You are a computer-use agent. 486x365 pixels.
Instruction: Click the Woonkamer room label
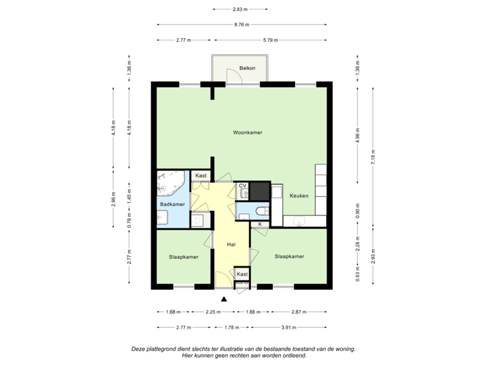246,132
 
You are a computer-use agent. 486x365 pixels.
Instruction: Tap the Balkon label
248,68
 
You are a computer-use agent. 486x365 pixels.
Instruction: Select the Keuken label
299,195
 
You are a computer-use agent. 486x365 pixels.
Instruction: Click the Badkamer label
172,203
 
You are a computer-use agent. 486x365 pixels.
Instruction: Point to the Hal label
231,245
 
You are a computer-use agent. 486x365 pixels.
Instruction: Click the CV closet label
242,185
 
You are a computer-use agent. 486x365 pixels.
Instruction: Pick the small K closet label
260,224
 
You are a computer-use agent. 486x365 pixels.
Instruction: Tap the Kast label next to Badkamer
200,176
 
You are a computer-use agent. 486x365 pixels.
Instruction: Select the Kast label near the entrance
242,273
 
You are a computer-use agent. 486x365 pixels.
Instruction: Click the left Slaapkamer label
183,257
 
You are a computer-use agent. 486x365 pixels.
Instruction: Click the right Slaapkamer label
289,257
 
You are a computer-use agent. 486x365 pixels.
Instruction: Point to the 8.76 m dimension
242,24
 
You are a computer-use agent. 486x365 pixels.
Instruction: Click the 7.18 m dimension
373,160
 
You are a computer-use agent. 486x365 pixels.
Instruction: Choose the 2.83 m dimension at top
241,9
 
